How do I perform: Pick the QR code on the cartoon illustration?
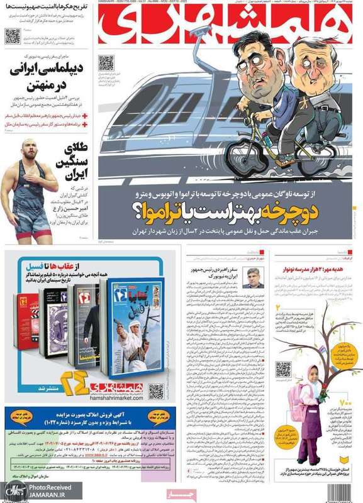coord(106,64)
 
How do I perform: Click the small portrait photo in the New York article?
coord(253,278)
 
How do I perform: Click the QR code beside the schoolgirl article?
coord(283,369)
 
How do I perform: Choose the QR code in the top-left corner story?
coord(13,35)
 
